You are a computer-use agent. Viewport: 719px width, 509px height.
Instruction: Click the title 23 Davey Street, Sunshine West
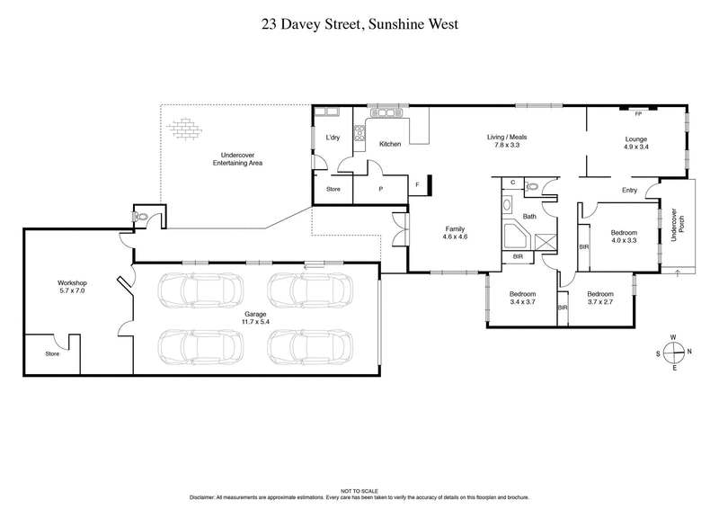(x=359, y=25)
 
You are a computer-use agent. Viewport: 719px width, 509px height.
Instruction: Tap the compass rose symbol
(x=672, y=352)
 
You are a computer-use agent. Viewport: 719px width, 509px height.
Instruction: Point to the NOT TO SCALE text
(x=359, y=492)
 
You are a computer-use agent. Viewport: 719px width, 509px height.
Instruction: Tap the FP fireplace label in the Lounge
(x=637, y=114)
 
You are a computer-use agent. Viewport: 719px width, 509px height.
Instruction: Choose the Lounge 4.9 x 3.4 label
(x=637, y=142)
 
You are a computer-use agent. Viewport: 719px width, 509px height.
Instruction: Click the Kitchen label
(x=389, y=144)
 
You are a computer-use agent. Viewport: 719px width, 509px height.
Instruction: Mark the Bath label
(x=529, y=217)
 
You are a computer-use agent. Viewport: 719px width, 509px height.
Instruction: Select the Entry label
(x=629, y=190)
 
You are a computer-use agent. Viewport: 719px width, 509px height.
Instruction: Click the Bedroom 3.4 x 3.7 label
(x=522, y=299)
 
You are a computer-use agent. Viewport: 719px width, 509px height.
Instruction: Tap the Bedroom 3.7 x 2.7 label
(x=599, y=299)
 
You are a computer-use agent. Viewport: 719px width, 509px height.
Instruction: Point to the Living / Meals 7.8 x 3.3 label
(x=507, y=140)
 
